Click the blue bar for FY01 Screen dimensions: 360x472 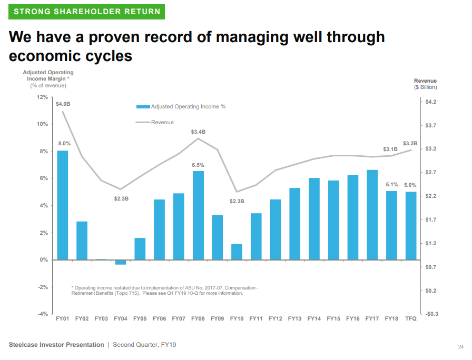click(63, 205)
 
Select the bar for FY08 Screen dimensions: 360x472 click(198, 215)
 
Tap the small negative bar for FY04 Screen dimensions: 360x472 click(121, 262)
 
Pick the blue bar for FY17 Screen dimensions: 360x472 click(372, 215)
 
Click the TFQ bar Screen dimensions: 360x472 click(411, 226)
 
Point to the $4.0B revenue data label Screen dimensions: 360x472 click(63, 104)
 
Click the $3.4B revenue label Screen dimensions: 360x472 click(198, 132)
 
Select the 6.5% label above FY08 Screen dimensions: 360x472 click(198, 165)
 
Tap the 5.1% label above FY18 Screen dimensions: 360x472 click(392, 185)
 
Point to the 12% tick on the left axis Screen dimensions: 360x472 click(42, 97)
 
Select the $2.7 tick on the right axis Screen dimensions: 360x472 click(430, 173)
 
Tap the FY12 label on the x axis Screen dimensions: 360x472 click(276, 318)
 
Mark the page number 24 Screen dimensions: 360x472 click(460, 347)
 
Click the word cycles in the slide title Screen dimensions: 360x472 click(105, 56)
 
